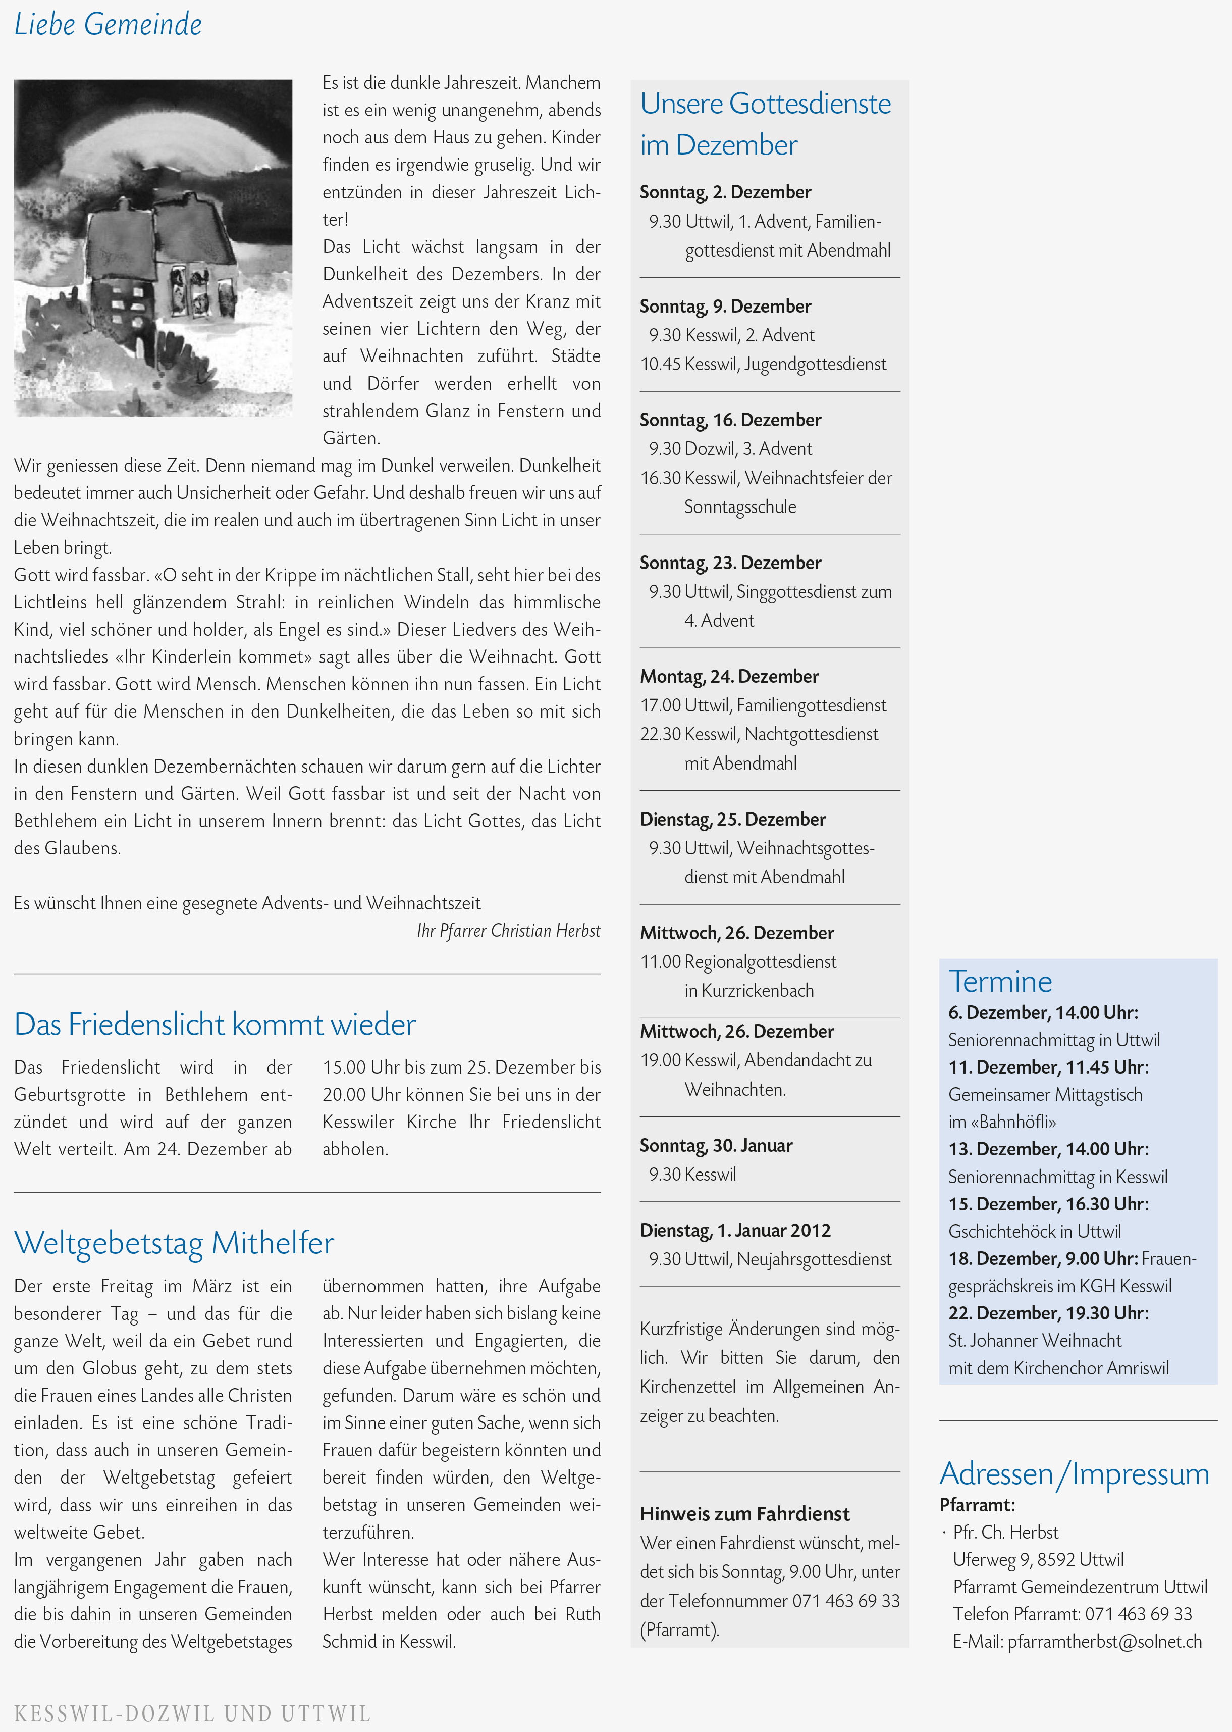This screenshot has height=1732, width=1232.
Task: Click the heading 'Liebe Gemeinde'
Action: pos(108,24)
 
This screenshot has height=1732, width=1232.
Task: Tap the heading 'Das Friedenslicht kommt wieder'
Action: pos(215,1025)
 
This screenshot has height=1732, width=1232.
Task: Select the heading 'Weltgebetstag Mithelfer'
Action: pos(174,1243)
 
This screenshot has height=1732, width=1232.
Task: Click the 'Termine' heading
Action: pos(1000,981)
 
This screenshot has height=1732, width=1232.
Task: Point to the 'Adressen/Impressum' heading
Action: pos(1074,1474)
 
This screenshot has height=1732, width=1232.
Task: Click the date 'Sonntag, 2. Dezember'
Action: pos(725,192)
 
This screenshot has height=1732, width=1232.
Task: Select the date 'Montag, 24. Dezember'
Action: pos(729,676)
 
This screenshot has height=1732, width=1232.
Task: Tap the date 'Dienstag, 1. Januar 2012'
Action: pos(735,1230)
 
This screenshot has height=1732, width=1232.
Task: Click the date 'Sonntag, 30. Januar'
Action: pos(716,1145)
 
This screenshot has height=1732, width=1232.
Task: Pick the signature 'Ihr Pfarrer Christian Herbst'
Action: pos(508,931)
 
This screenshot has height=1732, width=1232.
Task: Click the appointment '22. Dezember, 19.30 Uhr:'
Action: pos(1048,1313)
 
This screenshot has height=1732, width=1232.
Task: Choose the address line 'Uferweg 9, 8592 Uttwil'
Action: pos(1038,1560)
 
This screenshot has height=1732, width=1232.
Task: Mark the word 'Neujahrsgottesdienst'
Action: pos(814,1259)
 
